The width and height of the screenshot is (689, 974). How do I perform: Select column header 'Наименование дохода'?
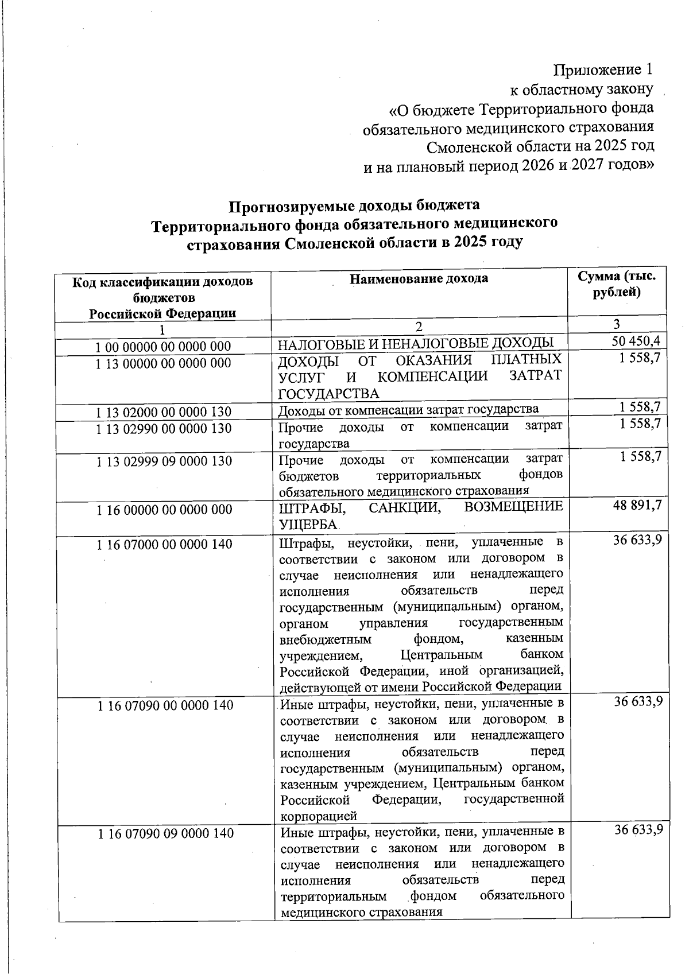[419, 279]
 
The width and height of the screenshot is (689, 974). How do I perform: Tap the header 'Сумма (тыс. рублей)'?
[617, 284]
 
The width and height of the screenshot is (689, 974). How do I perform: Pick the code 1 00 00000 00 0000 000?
[163, 347]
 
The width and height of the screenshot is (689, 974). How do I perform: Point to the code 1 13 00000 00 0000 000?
[163, 363]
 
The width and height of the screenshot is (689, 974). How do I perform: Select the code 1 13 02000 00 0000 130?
[163, 412]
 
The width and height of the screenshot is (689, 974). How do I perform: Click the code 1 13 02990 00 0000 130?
[163, 429]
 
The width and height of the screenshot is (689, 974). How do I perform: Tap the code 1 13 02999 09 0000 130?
[164, 461]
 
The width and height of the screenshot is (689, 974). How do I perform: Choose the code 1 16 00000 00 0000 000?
[164, 510]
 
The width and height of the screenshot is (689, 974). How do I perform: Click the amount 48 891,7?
[637, 505]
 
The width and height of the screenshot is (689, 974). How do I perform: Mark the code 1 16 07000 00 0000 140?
[164, 544]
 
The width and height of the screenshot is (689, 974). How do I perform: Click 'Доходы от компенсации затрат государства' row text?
[408, 409]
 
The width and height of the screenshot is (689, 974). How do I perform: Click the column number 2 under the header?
[419, 327]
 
